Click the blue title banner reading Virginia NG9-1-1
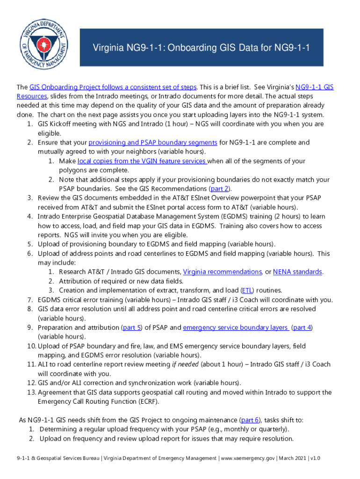click(x=201, y=48)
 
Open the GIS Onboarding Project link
click(x=113, y=87)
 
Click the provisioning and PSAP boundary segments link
click(x=153, y=142)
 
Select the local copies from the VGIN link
click(x=142, y=161)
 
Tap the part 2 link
click(x=220, y=189)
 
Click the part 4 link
click(x=302, y=327)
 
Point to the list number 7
click(x=29, y=299)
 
